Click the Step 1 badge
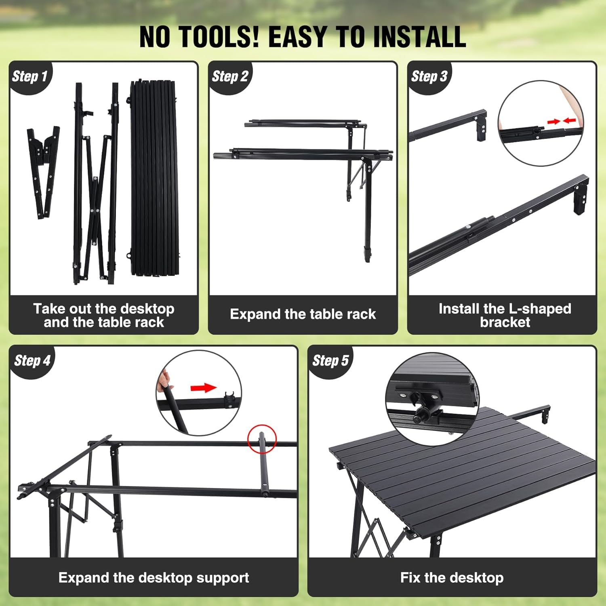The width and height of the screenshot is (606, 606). (29, 76)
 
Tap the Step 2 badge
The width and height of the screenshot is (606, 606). (229, 76)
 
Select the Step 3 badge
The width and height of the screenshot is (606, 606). (429, 76)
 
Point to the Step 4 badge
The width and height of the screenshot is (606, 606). (32, 360)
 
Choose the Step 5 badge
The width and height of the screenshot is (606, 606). (330, 360)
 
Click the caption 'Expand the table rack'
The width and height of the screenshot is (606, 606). (303, 314)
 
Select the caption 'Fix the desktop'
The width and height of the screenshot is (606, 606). (452, 578)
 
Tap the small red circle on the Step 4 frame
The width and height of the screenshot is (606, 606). (262, 439)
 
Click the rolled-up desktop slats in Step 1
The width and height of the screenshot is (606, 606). (154, 178)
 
